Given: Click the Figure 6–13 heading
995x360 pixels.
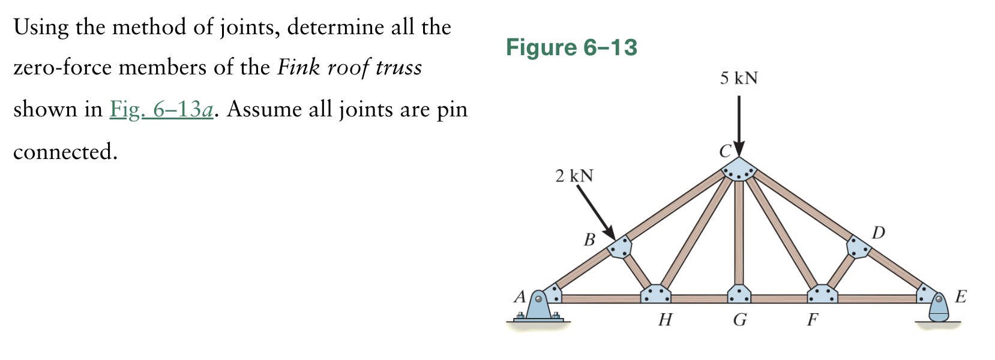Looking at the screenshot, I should (x=571, y=47).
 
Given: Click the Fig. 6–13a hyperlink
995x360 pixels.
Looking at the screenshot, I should (x=161, y=110).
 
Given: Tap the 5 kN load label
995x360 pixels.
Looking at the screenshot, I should (x=739, y=79).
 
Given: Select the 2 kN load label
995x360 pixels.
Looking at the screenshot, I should (x=574, y=176).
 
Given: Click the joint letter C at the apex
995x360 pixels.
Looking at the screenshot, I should (x=725, y=151).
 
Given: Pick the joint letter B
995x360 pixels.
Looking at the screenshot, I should (x=589, y=240).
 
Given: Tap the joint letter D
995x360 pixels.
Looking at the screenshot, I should (x=878, y=233).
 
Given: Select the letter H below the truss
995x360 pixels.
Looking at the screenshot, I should (x=664, y=320).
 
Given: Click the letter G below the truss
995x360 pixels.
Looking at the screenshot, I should (x=740, y=320).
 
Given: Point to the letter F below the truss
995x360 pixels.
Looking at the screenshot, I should (x=812, y=320).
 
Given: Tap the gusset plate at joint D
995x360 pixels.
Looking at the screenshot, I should (x=858, y=247).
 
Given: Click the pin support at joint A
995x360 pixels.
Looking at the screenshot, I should (x=538, y=308).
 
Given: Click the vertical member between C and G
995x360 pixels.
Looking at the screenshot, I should (x=739, y=234).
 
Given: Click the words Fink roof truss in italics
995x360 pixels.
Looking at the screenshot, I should (x=349, y=67).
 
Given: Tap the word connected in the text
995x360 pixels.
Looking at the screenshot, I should (x=65, y=152).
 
